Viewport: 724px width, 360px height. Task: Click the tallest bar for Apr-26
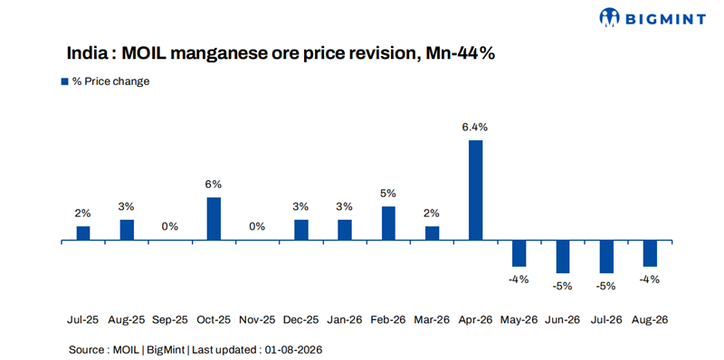tap(476, 190)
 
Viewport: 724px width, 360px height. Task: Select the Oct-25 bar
tap(214, 219)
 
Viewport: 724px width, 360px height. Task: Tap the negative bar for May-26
tap(519, 253)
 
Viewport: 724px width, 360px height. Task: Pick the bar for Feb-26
tap(388, 223)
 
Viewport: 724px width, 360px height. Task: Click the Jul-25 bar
tap(83, 233)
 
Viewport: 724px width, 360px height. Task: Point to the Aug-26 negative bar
tap(650, 253)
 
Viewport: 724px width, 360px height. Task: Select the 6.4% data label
tap(476, 127)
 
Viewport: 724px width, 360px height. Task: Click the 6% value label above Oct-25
tap(214, 185)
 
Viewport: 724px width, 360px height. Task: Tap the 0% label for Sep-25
tap(170, 227)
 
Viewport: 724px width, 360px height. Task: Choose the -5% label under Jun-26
tap(563, 286)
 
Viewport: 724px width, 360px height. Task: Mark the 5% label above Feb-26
tap(388, 194)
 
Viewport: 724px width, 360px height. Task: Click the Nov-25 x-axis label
tap(257, 320)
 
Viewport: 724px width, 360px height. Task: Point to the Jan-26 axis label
tap(345, 320)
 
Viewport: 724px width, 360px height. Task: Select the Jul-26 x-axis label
tap(606, 320)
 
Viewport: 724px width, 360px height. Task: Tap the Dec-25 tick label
tap(301, 320)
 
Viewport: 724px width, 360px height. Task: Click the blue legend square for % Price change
tap(64, 81)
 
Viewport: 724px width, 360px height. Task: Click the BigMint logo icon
tap(609, 18)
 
